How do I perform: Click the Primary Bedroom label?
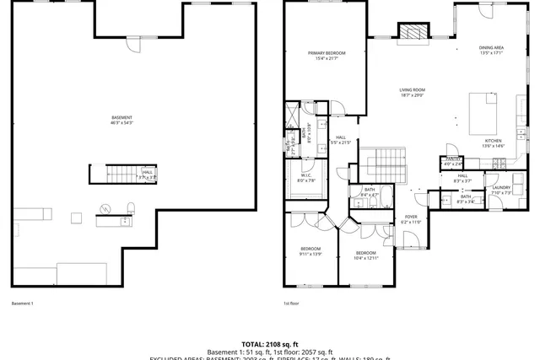pyautogui.click(x=324, y=56)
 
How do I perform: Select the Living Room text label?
pyautogui.click(x=412, y=93)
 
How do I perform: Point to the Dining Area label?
pyautogui.click(x=491, y=50)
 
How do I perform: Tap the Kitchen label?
pyautogui.click(x=493, y=143)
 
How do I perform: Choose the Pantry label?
pyautogui.click(x=452, y=160)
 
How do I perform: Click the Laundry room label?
pyautogui.click(x=501, y=190)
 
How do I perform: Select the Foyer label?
pyautogui.click(x=411, y=219)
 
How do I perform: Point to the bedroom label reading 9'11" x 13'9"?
pyautogui.click(x=310, y=250)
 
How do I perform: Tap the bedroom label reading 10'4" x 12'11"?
pyautogui.click(x=365, y=255)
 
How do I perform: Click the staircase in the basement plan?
pyautogui.click(x=114, y=174)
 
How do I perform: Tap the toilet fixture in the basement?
pyautogui.click(x=131, y=207)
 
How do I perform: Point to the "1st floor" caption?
pyautogui.click(x=291, y=304)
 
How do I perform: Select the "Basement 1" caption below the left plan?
pyautogui.click(x=22, y=304)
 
